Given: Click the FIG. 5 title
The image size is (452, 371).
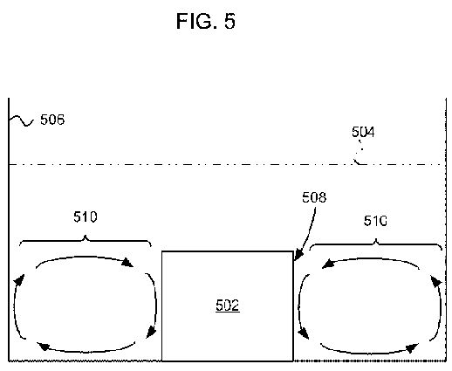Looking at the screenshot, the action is tap(206, 21).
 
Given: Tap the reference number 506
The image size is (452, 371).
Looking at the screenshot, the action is tap(52, 120).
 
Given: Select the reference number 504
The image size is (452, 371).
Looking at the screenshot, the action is tap(363, 132).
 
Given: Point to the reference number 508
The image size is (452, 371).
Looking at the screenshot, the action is tap(314, 197).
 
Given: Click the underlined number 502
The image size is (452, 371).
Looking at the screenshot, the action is tap(228, 306).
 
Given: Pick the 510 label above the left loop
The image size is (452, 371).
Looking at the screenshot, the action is tap(86, 217).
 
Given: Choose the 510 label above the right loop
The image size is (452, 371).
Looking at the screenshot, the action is tap(375, 221).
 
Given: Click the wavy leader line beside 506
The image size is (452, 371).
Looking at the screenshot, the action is tap(21, 120).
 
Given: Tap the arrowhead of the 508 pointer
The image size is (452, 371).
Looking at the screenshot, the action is tap(298, 256).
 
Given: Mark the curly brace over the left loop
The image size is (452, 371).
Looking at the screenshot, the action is tap(86, 240).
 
